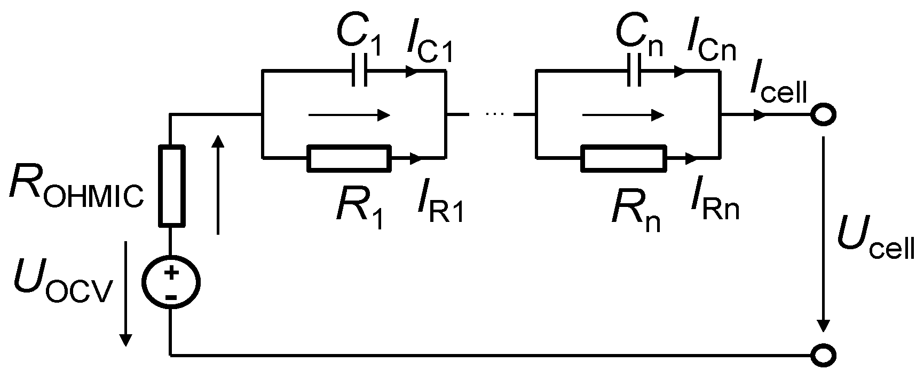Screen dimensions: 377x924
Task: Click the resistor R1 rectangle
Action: pos(348,158)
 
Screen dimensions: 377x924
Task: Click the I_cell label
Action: pos(777,89)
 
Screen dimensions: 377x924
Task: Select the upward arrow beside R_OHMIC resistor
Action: pos(218,184)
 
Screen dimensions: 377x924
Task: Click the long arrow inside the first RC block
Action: pos(350,114)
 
